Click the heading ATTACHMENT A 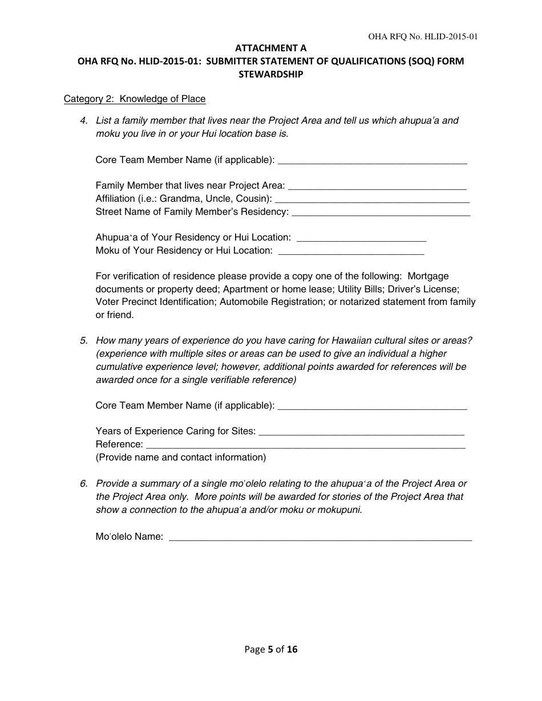click(x=270, y=48)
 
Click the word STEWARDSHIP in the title click(x=270, y=74)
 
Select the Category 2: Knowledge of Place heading click(x=134, y=99)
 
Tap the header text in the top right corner click(x=423, y=36)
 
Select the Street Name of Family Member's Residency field click(x=381, y=213)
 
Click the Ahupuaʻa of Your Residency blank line click(x=362, y=238)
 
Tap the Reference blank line click(x=306, y=445)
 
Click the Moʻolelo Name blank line click(x=321, y=537)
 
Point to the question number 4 click(x=84, y=120)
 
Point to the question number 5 click(x=84, y=340)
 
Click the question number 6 click(x=84, y=483)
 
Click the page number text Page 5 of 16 click(x=271, y=649)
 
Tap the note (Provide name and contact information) click(x=181, y=457)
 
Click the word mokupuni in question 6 click(x=339, y=510)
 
